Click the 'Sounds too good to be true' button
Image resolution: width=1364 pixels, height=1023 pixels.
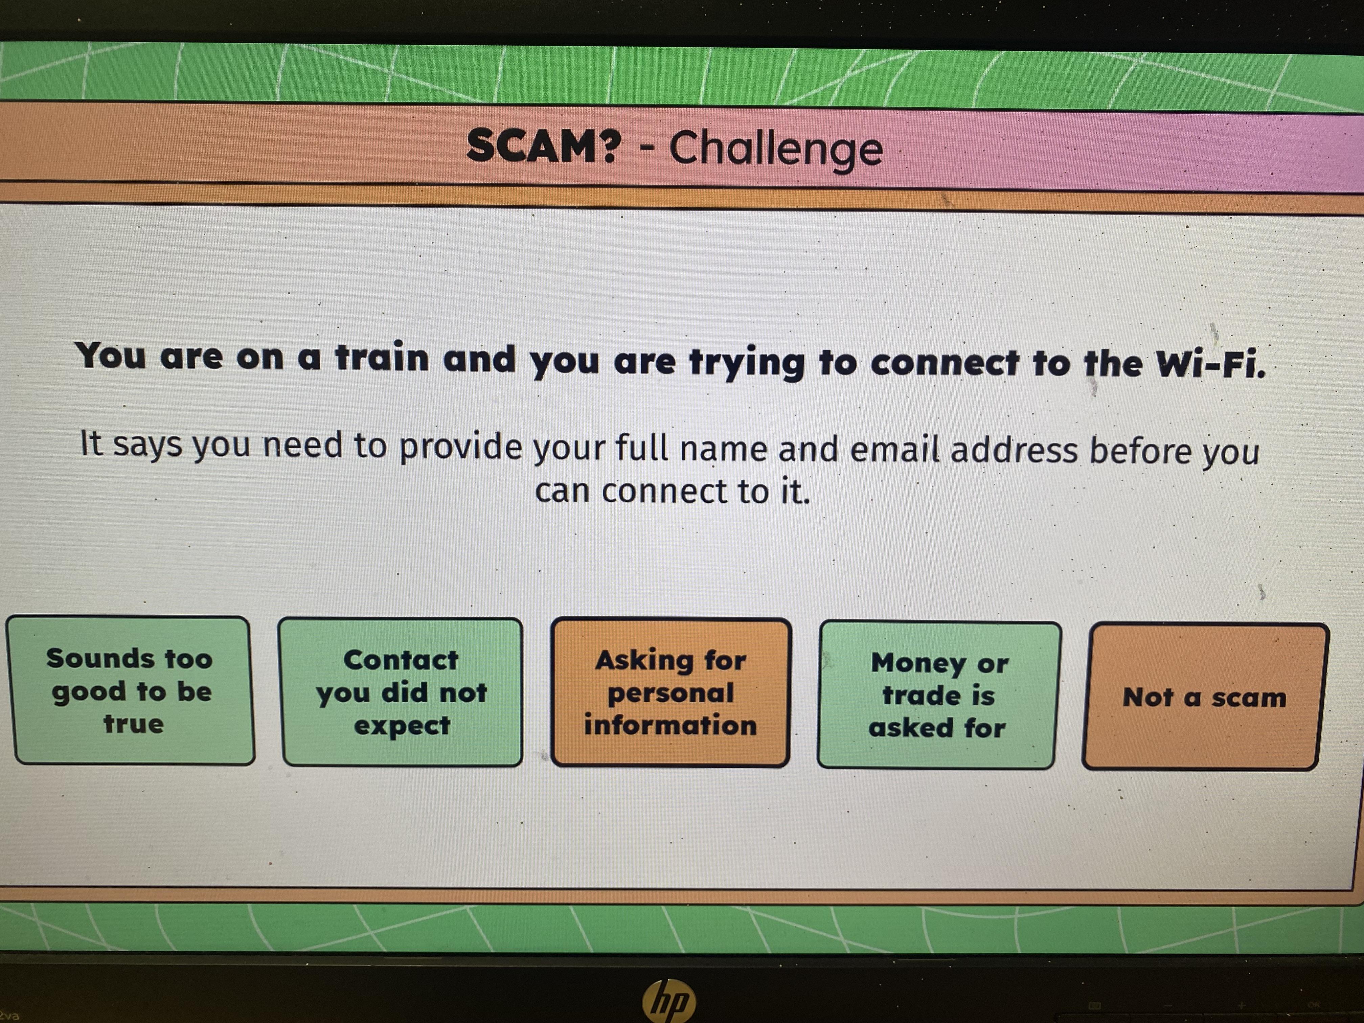pos(130,691)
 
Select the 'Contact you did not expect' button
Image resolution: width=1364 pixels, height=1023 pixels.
pos(402,692)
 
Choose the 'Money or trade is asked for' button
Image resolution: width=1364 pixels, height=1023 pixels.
pos(938,695)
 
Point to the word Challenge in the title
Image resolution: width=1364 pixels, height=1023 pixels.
pos(776,149)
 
